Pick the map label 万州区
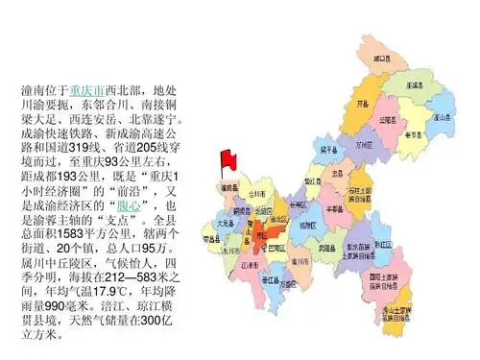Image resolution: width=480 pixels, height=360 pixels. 362,145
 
